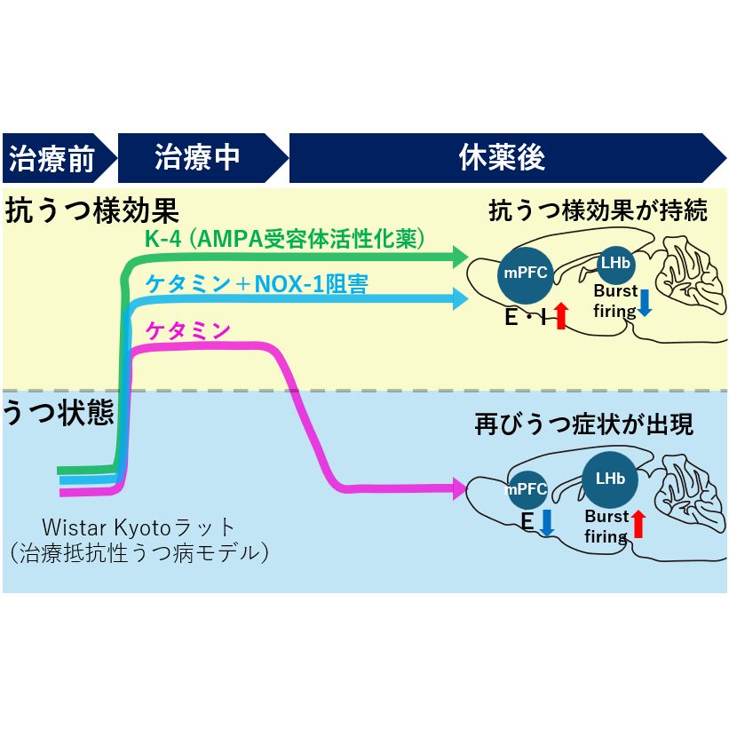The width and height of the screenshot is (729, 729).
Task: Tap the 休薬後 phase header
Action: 503,159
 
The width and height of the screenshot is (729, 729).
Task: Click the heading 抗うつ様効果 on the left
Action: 93,211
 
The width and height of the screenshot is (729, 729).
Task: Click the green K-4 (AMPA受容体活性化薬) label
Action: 284,239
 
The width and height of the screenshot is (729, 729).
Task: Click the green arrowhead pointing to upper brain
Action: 460,258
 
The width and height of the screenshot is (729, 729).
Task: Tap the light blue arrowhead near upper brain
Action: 460,298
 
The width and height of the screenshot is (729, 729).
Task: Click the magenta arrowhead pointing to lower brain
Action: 460,487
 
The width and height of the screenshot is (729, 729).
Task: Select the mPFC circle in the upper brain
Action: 526,273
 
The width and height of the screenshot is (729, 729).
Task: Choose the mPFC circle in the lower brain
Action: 527,489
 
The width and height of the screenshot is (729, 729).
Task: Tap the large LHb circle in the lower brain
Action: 610,479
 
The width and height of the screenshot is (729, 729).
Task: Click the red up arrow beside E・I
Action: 560,315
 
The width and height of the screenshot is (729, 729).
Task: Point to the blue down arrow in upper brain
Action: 646,302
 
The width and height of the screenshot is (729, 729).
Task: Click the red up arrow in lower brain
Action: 638,524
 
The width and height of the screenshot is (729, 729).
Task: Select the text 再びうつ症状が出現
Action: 584,424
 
